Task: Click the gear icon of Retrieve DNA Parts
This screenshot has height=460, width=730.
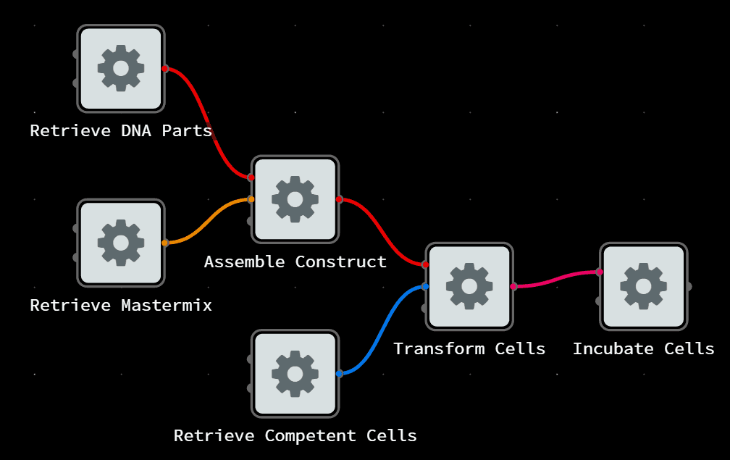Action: point(121,68)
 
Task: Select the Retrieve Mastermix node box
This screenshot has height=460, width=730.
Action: point(121,243)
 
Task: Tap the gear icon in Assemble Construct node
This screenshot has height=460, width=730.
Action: point(295,198)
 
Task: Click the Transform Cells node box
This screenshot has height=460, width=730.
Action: point(469,286)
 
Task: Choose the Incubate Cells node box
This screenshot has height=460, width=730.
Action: point(643,286)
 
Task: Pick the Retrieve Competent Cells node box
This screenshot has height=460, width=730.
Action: point(295,373)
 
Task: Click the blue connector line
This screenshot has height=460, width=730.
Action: point(382,330)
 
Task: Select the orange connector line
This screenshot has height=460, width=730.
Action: point(208,221)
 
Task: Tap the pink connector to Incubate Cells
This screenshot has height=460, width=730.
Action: point(556,279)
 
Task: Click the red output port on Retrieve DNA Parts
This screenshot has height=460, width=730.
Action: point(165,69)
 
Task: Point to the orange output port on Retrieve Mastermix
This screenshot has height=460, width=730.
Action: point(165,243)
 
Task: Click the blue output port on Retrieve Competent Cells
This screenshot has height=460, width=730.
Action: point(339,374)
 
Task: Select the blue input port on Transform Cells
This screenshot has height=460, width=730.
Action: point(425,287)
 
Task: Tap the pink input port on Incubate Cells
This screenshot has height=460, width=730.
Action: point(600,272)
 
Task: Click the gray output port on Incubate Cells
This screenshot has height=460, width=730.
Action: point(688,287)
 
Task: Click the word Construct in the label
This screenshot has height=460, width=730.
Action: point(340,262)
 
